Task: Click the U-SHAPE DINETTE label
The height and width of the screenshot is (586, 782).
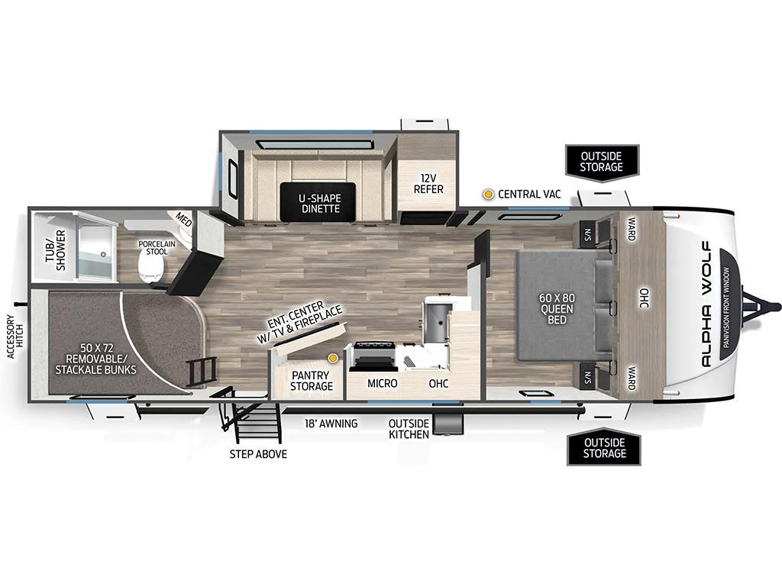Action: [x=320, y=203]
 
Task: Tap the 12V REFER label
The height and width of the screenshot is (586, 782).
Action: [x=428, y=183]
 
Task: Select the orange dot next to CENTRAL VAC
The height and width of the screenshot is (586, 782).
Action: [x=490, y=194]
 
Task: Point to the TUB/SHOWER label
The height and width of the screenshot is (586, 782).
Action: [x=55, y=250]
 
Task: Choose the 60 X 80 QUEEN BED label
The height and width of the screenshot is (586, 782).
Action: [x=557, y=308]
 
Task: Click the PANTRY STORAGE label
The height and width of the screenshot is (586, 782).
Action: [x=312, y=381]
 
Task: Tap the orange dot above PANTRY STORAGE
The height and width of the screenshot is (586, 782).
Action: [x=333, y=358]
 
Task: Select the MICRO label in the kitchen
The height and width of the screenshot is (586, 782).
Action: [x=383, y=383]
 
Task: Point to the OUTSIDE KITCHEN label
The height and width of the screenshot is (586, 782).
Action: [x=409, y=429]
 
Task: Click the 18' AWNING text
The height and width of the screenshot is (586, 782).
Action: [x=331, y=423]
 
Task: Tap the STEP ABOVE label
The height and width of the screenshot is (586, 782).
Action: [x=258, y=454]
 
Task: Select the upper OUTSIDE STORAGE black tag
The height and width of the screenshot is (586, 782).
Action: [x=602, y=161]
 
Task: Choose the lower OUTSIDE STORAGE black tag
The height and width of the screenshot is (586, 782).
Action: [x=604, y=449]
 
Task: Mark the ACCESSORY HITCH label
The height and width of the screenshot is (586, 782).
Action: [x=14, y=336]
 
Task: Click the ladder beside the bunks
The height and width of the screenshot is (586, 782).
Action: [x=202, y=372]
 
